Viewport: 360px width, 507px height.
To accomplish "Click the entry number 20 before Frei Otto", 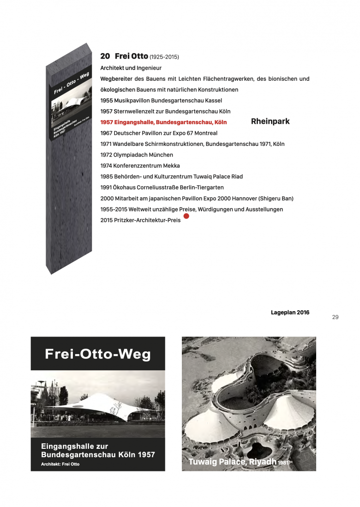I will [x=105, y=56].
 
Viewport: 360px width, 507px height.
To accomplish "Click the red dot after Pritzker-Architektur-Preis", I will [x=186, y=216].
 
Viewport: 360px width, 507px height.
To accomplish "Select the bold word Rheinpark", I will [x=270, y=121].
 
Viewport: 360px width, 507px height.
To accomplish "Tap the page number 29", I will [x=336, y=317].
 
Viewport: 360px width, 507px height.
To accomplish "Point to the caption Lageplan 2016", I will [x=290, y=313].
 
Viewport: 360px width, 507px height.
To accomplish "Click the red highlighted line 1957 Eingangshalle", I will [x=163, y=122].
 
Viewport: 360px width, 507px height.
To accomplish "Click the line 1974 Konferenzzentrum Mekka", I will [x=140, y=166].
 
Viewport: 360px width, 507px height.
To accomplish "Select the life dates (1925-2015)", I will [x=164, y=57].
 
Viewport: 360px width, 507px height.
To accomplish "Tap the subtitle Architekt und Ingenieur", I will [x=131, y=68].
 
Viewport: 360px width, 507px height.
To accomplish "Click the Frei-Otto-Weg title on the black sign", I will [x=98, y=354].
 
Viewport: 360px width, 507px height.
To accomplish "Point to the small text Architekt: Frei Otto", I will [x=60, y=464].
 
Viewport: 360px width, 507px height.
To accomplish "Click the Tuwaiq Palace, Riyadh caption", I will [x=232, y=461].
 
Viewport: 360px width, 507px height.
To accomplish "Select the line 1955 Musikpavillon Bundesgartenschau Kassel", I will [x=161, y=100].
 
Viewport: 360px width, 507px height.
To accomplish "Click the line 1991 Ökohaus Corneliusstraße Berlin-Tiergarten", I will [x=162, y=187].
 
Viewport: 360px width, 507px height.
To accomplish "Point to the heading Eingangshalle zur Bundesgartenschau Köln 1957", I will [x=98, y=451].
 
